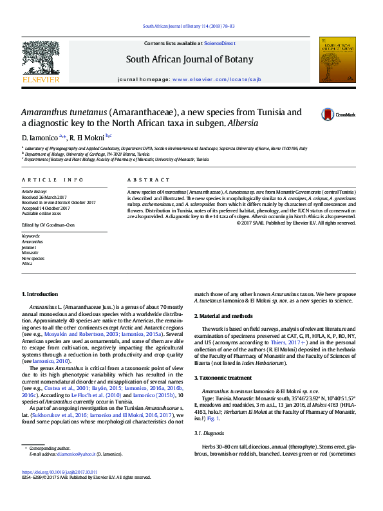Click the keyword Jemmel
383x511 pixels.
click(x=30, y=247)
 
